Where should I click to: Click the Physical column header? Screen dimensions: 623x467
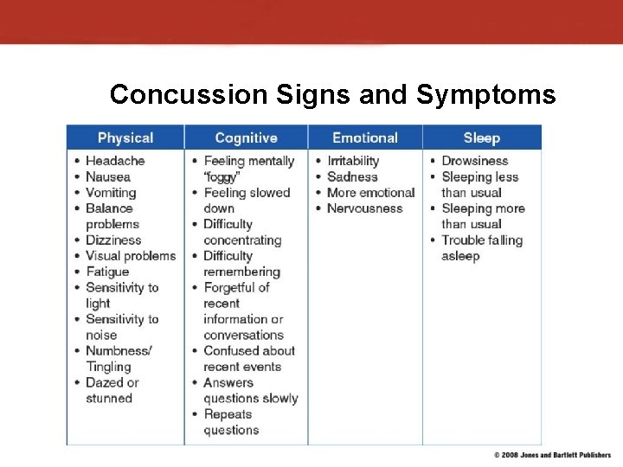click(125, 138)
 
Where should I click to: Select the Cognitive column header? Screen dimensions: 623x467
click(246, 138)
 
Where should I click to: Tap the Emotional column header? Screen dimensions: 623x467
click(365, 138)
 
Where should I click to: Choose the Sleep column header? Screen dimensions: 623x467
click(481, 138)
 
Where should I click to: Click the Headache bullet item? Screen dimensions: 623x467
click(115, 161)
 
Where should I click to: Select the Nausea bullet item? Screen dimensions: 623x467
click(108, 176)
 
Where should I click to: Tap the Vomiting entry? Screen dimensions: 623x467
click(111, 193)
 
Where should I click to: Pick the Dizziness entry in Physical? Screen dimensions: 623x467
click(113, 240)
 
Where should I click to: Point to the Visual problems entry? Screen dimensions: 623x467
click(130, 256)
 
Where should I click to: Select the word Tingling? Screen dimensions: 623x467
click(109, 367)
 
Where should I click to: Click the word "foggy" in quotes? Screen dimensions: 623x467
click(222, 176)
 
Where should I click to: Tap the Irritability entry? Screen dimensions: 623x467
click(353, 161)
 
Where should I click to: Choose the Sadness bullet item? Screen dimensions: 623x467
click(352, 176)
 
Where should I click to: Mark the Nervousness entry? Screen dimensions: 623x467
click(364, 208)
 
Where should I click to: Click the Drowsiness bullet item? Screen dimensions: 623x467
click(474, 161)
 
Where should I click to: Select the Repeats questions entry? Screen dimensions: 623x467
click(231, 422)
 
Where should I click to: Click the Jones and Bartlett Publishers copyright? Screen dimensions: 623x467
click(552, 455)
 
